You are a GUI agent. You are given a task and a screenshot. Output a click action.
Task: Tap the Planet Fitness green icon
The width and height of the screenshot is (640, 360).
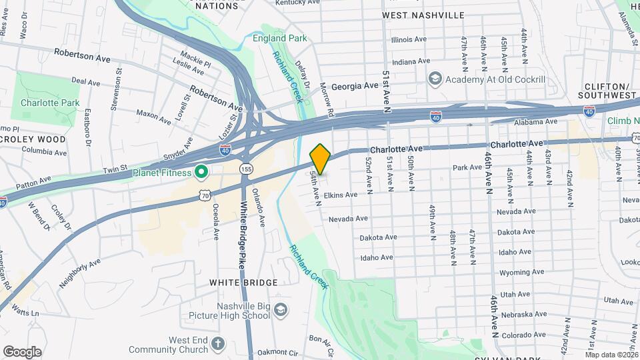click(x=199, y=173)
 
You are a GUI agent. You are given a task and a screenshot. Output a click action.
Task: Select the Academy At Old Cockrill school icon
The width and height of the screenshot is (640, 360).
click(x=435, y=79)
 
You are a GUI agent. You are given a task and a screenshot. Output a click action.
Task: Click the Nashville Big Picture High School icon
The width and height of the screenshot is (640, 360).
click(x=281, y=311)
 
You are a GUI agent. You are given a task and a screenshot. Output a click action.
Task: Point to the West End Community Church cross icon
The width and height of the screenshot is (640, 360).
click(x=217, y=345)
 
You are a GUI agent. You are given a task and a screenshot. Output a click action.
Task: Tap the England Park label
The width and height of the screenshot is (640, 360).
click(x=280, y=38)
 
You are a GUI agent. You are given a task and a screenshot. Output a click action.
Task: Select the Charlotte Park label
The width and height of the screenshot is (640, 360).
click(x=50, y=103)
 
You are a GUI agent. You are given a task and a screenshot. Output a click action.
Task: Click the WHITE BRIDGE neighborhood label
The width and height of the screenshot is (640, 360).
click(x=243, y=283)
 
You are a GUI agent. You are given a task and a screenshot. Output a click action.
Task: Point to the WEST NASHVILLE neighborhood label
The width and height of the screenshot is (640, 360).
click(x=423, y=15)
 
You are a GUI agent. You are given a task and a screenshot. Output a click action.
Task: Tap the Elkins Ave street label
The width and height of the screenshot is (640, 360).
click(x=341, y=195)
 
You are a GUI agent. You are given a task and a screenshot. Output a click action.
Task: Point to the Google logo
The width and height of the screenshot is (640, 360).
click(x=22, y=351)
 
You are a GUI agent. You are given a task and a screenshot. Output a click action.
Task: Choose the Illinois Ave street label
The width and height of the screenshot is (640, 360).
click(x=409, y=39)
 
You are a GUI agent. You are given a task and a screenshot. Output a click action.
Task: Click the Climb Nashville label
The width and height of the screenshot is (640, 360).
click(x=623, y=121)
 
